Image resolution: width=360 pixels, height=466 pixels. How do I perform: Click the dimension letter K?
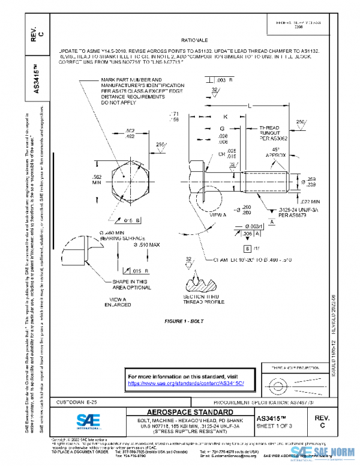pyautogui.click(x=225, y=116)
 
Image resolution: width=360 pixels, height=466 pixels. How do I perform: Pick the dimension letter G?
pyautogui.click(x=221, y=129)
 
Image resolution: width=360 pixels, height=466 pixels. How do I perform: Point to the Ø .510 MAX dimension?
pyautogui.click(x=146, y=245)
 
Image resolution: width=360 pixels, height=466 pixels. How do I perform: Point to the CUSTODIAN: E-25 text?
pyautogui.click(x=75, y=401)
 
